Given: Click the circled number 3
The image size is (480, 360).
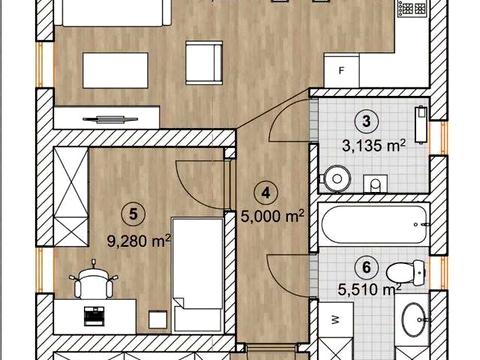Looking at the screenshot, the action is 366,121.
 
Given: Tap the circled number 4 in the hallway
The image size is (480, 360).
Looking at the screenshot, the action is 266,193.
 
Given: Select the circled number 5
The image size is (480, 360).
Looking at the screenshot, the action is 133,214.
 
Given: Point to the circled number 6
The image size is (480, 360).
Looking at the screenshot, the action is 366,267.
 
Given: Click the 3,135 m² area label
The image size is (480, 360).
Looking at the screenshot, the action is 374,145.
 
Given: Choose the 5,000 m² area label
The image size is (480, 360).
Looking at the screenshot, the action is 272,216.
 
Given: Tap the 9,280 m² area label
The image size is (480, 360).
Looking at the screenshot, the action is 139,241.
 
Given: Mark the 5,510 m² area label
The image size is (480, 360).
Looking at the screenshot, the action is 370,289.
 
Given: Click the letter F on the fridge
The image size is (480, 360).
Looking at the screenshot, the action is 341,71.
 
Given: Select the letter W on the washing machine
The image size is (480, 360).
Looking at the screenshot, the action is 335,320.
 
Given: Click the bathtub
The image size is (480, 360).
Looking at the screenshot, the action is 374,225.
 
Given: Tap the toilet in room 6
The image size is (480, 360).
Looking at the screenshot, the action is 406,272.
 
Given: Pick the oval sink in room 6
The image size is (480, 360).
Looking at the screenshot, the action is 414,320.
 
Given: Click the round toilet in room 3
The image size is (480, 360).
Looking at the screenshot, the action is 336,178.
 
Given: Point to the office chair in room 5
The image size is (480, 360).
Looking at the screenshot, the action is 94,279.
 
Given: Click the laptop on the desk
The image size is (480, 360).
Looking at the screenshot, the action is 94,316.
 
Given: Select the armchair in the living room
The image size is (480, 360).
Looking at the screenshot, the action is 204,63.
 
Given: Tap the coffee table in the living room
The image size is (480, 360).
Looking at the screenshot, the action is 115,70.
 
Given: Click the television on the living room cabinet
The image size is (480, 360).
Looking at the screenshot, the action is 110,119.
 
